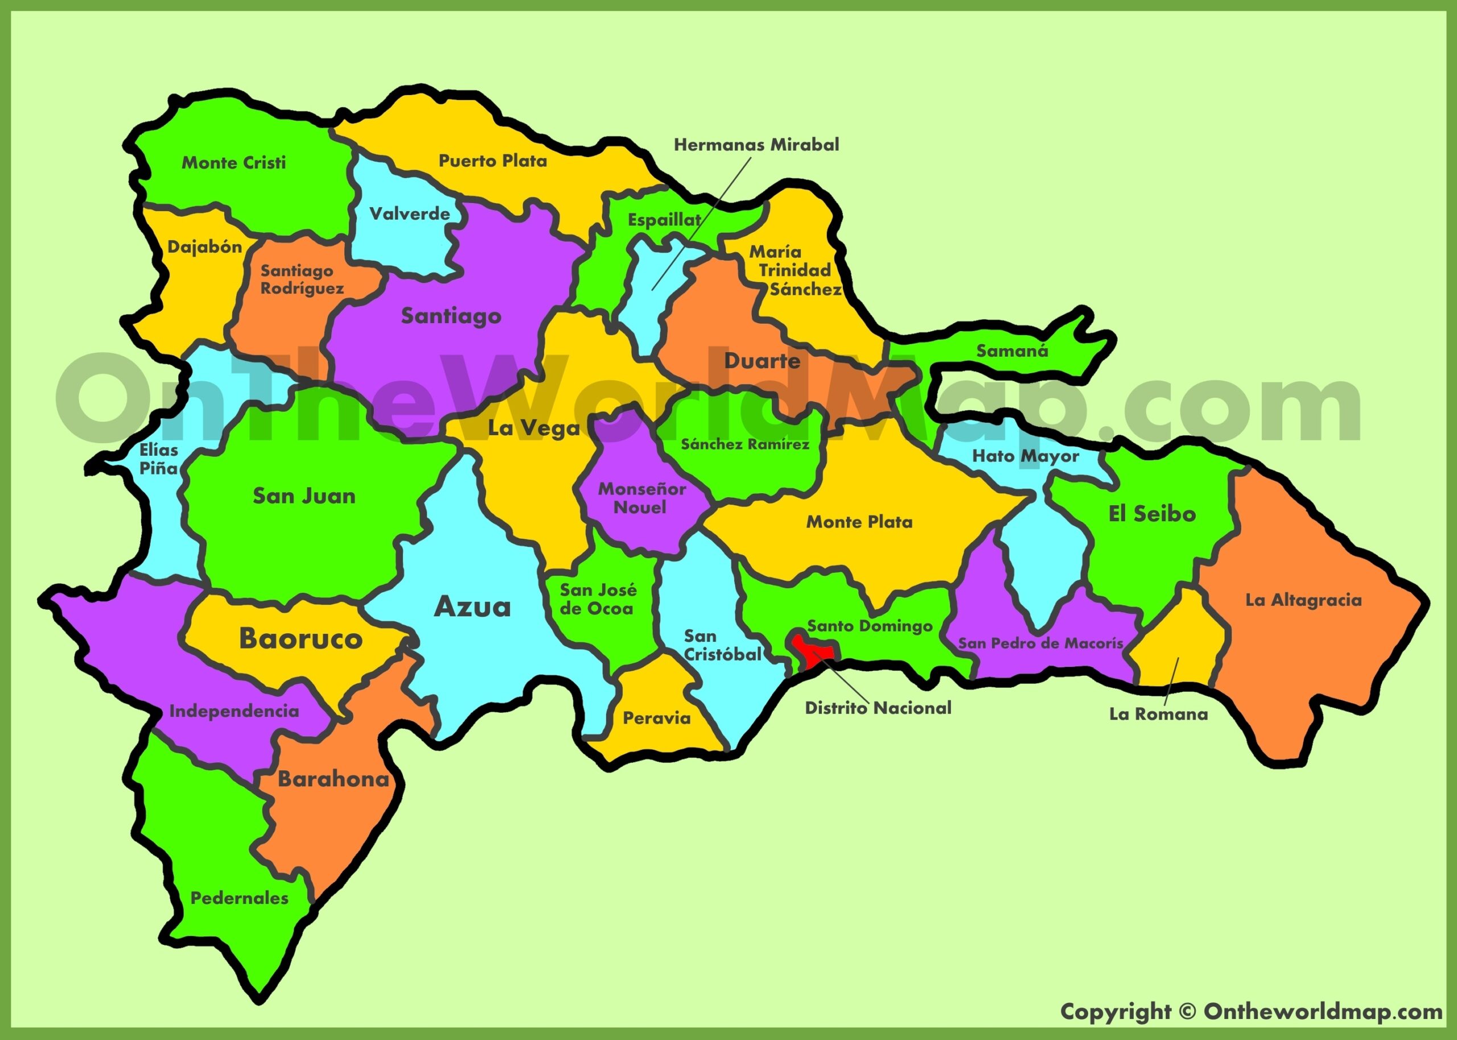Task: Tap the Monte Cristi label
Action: click(234, 163)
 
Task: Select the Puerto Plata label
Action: click(492, 161)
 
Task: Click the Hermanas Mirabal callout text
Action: click(756, 145)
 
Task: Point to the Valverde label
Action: click(409, 213)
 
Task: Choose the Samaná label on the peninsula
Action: click(1012, 351)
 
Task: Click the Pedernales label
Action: click(240, 898)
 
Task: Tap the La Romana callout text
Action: click(1158, 714)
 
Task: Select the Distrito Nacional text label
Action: click(878, 708)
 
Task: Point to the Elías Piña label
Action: click(158, 459)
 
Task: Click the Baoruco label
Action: click(301, 638)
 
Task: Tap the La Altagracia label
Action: click(1303, 600)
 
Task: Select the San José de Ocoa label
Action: click(598, 599)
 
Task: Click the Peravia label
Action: click(656, 718)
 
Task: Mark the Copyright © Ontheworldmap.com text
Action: click(1251, 1011)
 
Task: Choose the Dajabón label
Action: click(204, 246)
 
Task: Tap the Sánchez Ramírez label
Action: click(744, 444)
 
